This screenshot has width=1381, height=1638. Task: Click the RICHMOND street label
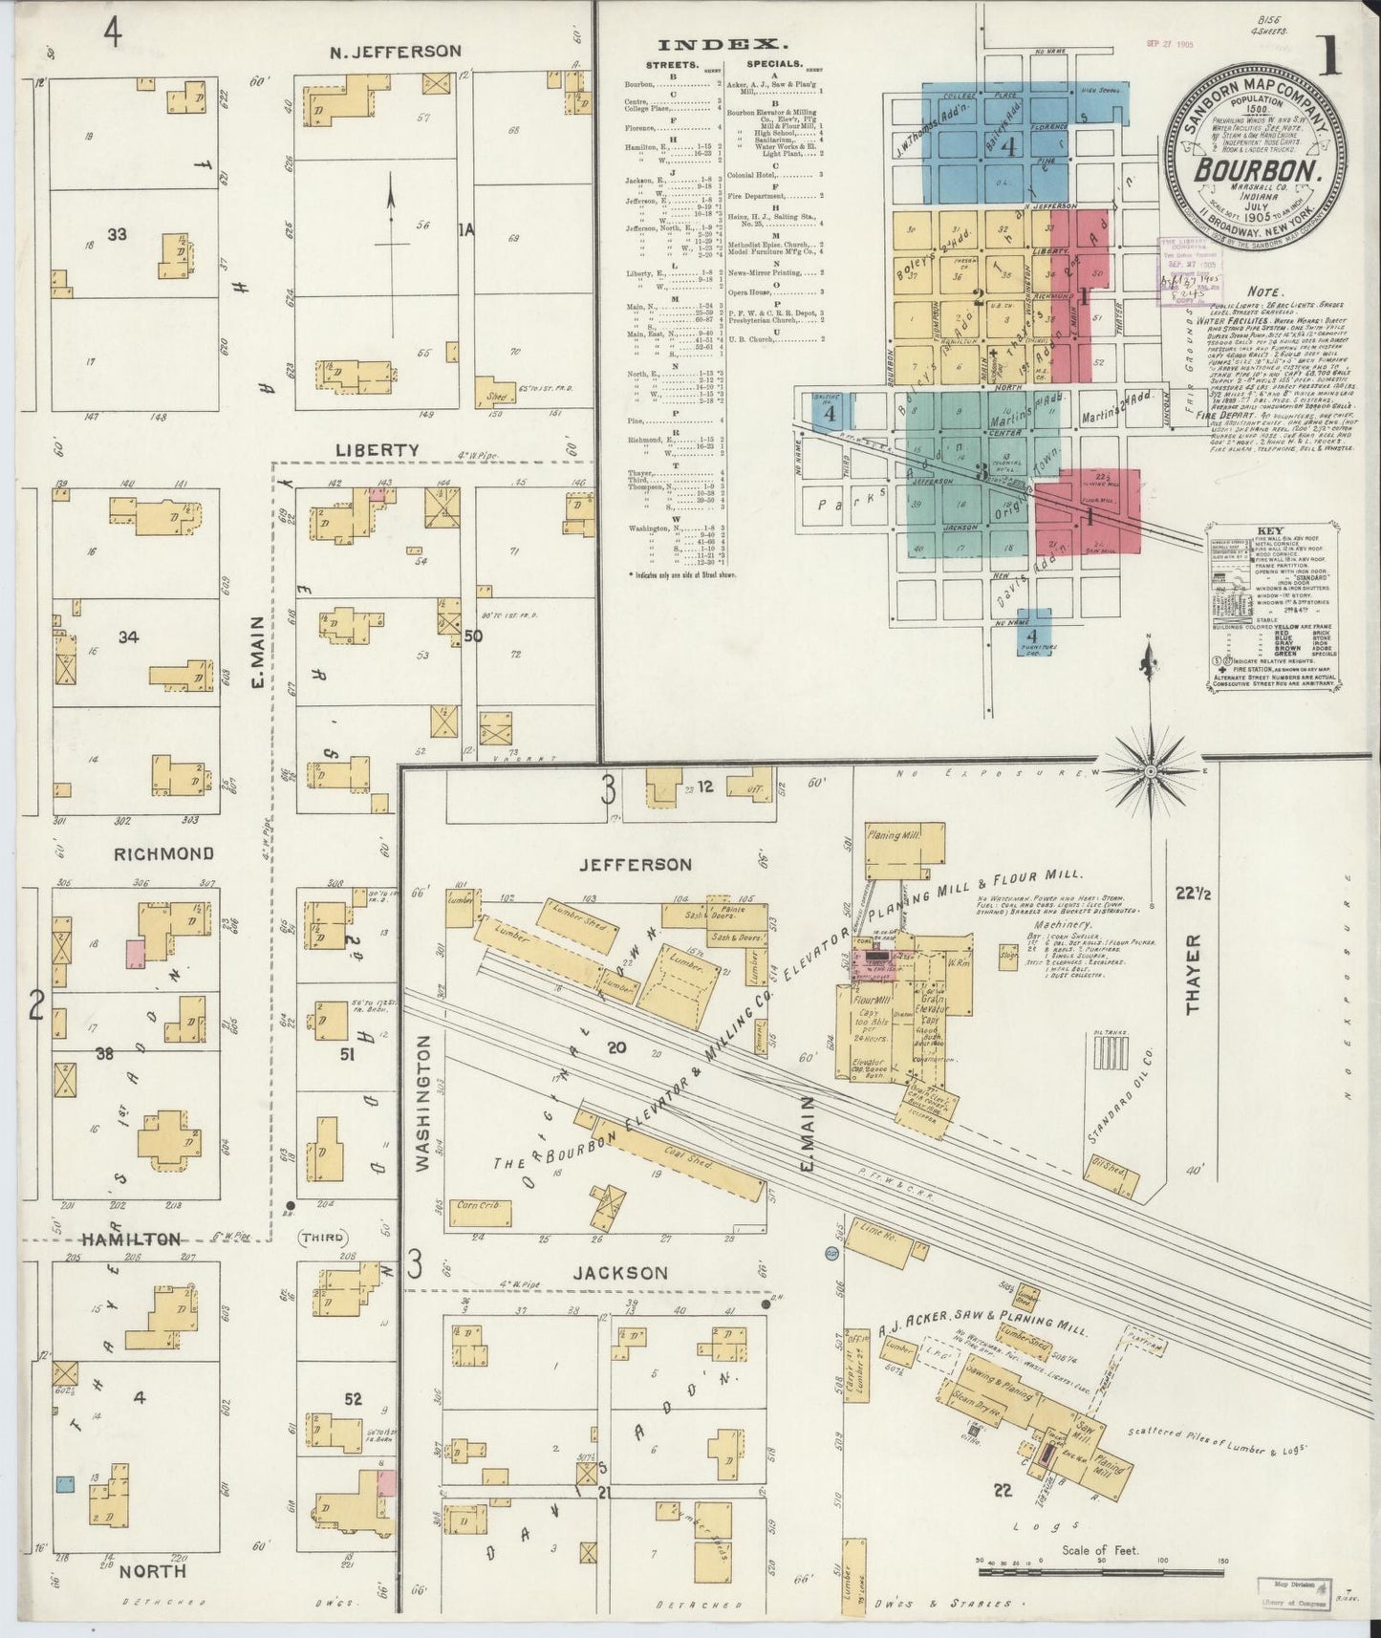(x=163, y=853)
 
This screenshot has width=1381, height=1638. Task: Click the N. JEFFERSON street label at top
(x=395, y=52)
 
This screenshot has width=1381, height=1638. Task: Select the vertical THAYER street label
(x=1193, y=974)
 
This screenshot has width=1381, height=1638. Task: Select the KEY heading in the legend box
(x=1272, y=531)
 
